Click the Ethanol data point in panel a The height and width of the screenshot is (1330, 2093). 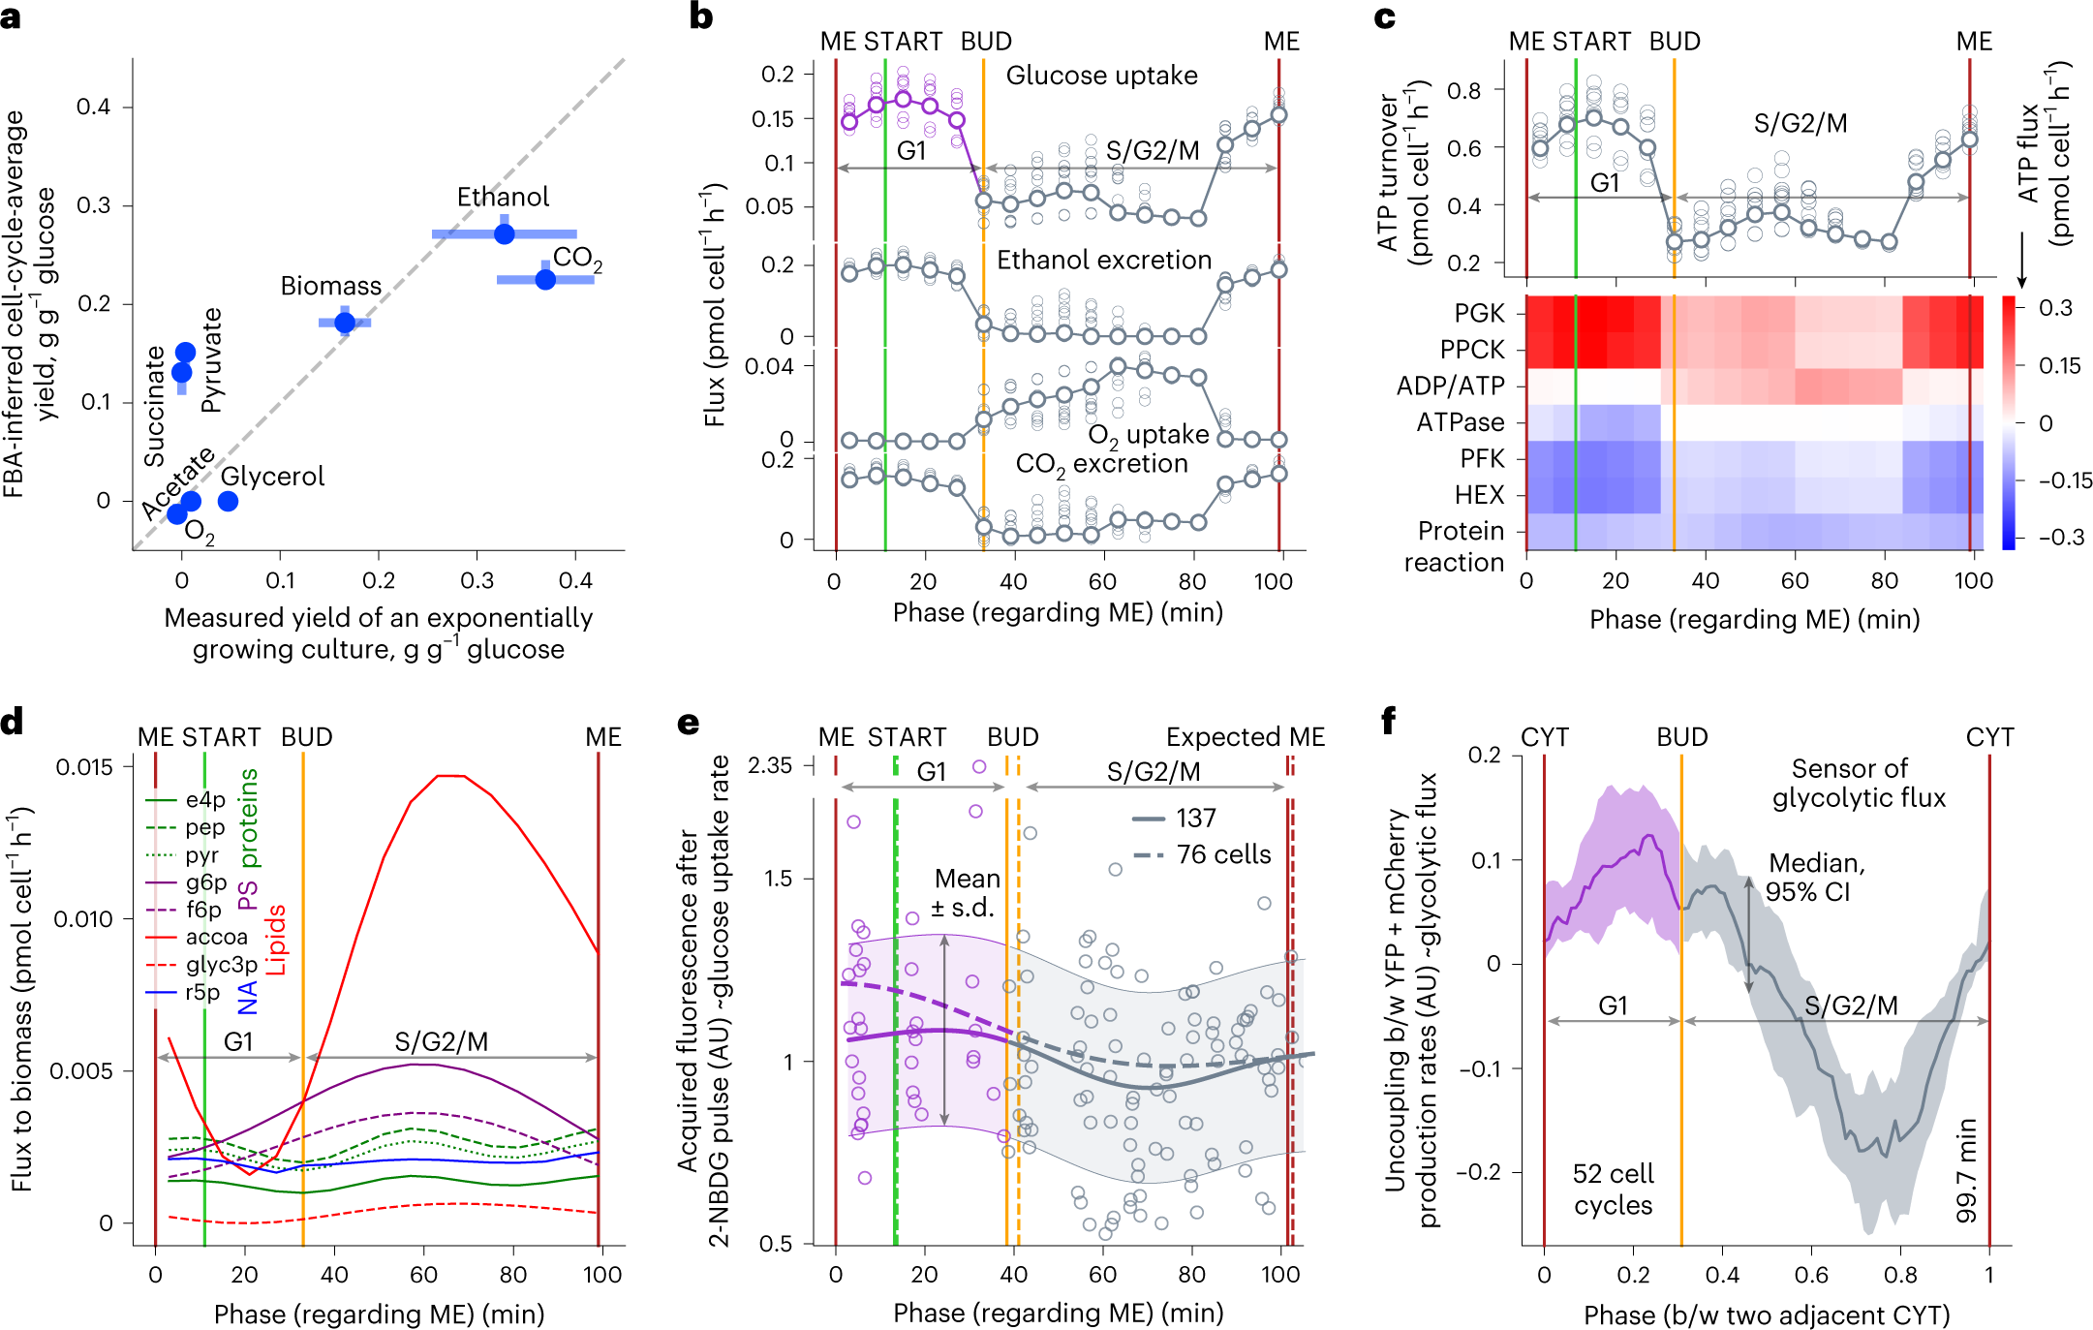pos(504,233)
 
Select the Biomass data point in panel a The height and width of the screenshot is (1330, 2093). pos(345,322)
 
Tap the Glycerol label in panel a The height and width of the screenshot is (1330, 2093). pos(272,477)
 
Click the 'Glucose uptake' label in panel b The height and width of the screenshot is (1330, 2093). pos(1101,76)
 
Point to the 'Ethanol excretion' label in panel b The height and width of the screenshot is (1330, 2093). pos(1104,260)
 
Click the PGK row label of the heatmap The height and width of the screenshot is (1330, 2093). pos(1479,313)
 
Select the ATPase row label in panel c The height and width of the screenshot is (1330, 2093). pos(1461,422)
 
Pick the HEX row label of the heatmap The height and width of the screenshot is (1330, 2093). pos(1479,495)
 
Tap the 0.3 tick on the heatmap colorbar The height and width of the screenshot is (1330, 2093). pos(2055,308)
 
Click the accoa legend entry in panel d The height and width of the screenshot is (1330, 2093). pos(216,937)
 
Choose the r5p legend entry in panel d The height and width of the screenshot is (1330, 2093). pos(202,992)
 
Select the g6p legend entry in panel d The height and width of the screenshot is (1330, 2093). pos(205,882)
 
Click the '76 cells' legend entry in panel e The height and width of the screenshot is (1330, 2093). pos(1223,854)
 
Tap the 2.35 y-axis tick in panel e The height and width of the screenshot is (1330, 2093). pos(770,765)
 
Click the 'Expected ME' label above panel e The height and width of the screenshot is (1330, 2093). pos(1245,737)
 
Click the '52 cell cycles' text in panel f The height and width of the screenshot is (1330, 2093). pos(1613,1190)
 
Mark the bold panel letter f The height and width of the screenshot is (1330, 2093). pos(1389,721)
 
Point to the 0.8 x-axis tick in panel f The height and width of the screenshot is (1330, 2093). pos(1900,1275)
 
